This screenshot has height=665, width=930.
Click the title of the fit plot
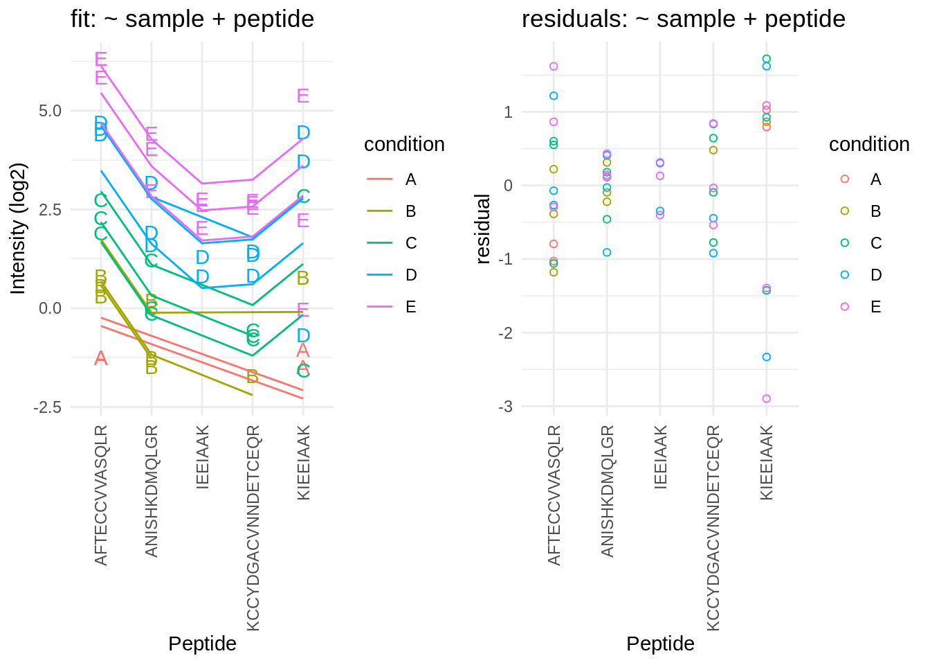(x=192, y=19)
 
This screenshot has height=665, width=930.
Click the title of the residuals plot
(x=683, y=19)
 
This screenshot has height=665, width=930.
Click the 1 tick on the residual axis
(x=508, y=112)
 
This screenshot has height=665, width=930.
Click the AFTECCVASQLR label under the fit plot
(x=101, y=495)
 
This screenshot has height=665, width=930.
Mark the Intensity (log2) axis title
(x=19, y=229)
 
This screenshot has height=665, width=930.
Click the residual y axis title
(x=483, y=229)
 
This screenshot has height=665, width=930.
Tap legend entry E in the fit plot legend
(x=411, y=307)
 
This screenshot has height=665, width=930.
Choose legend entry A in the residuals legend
(x=875, y=179)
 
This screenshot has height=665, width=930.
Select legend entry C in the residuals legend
(x=875, y=243)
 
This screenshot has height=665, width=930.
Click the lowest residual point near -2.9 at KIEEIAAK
(x=766, y=399)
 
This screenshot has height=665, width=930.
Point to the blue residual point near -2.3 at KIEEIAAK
(x=766, y=357)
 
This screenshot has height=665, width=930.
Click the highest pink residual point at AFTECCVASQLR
(x=554, y=66)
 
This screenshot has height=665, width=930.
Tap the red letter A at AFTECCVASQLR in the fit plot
(x=101, y=358)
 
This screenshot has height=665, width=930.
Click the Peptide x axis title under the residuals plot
(x=660, y=644)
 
